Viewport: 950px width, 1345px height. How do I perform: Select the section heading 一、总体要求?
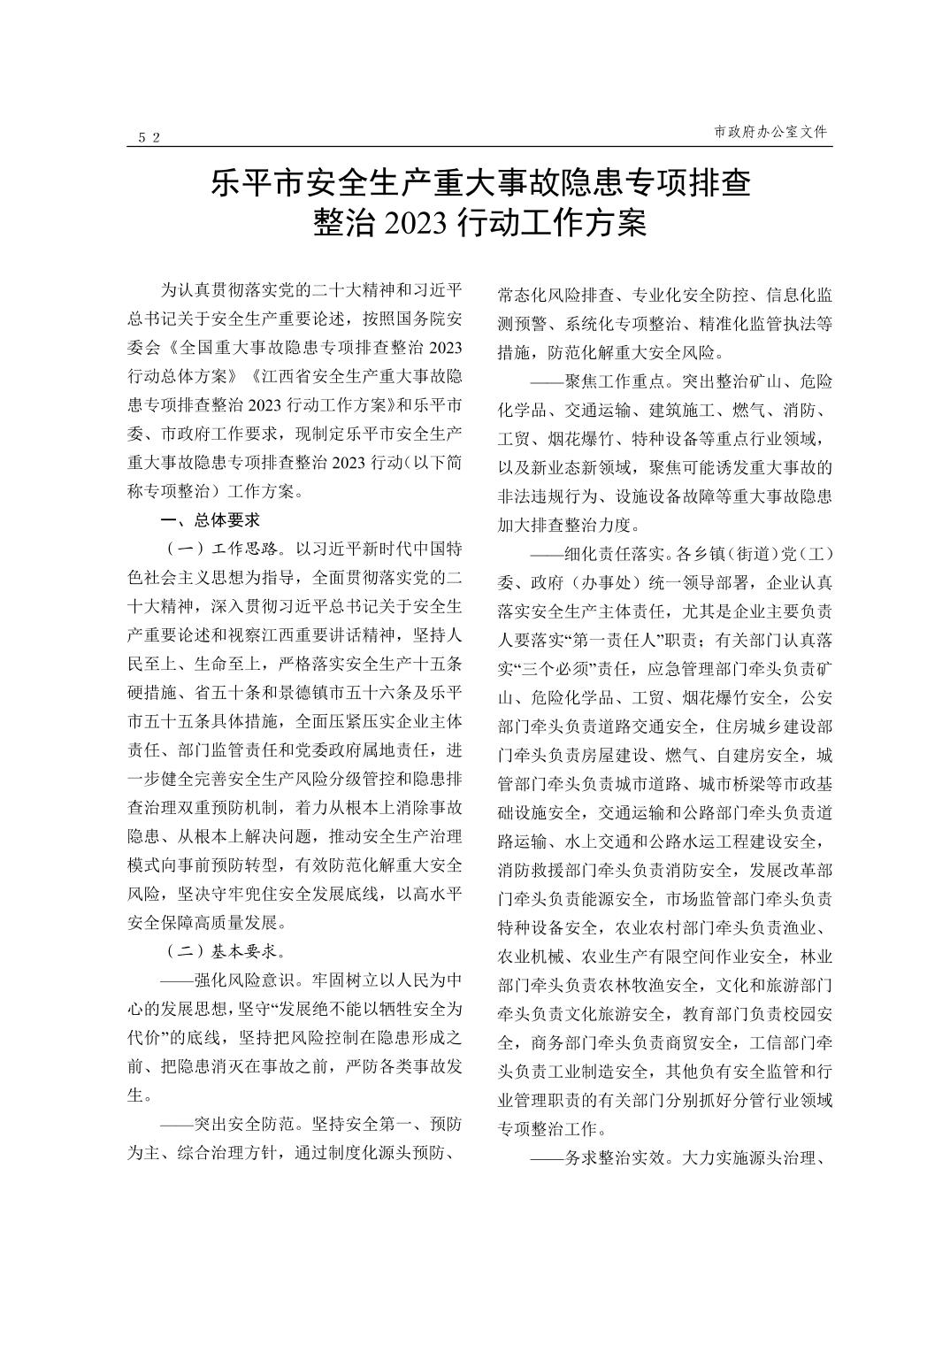210,520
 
